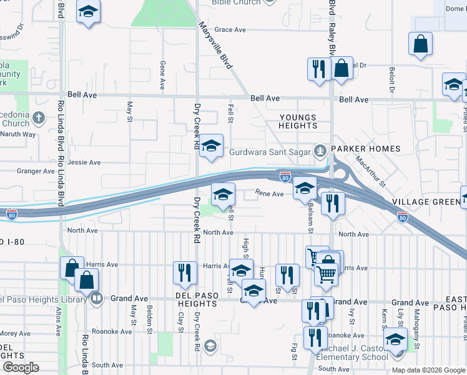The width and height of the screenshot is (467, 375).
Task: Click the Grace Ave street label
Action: [230, 29]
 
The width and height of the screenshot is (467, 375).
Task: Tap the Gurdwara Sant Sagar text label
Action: [270, 151]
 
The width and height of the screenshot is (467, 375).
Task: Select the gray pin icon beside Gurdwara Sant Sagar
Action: [320, 150]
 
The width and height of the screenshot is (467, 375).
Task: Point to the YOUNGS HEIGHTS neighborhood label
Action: [298, 121]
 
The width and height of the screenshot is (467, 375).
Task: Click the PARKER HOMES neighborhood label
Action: [365, 149]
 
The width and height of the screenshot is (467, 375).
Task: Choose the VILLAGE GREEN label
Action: [426, 202]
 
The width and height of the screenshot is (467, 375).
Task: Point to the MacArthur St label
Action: [371, 172]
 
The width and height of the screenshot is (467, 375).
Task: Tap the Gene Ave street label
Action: [162, 76]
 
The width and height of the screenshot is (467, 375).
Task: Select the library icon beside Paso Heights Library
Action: [96, 298]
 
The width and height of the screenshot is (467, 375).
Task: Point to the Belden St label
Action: [150, 317]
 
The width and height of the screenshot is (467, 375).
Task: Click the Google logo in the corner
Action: [21, 367]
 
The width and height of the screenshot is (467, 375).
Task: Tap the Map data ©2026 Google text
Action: [428, 370]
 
